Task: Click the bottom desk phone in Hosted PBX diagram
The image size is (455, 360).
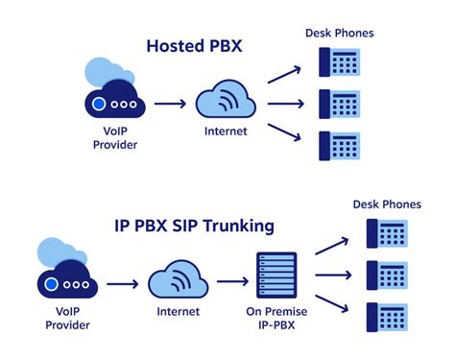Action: pyautogui.click(x=340, y=144)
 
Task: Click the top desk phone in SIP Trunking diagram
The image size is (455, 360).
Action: pyautogui.click(x=386, y=233)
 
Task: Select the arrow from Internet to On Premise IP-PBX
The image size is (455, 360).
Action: pyautogui.click(x=232, y=283)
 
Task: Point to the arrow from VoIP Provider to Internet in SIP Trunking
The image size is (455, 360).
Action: pyautogui.click(x=122, y=283)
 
